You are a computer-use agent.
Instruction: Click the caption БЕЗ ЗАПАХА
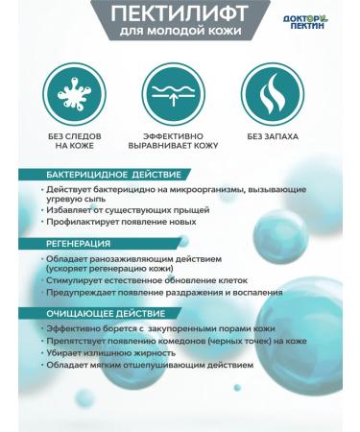(x=272, y=137)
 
